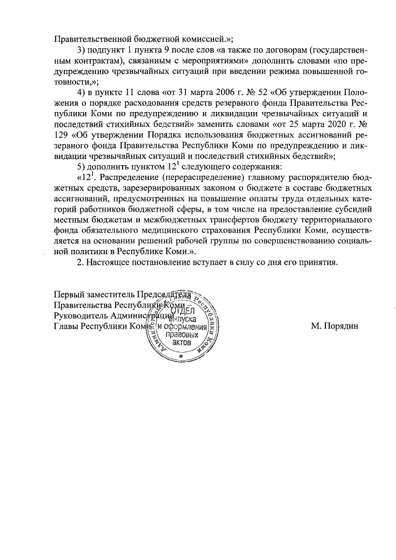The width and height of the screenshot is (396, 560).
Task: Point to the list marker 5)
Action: (x=83, y=168)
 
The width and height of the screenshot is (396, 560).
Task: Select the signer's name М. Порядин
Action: (x=334, y=327)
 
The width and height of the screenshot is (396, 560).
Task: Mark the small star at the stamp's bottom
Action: (x=181, y=357)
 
